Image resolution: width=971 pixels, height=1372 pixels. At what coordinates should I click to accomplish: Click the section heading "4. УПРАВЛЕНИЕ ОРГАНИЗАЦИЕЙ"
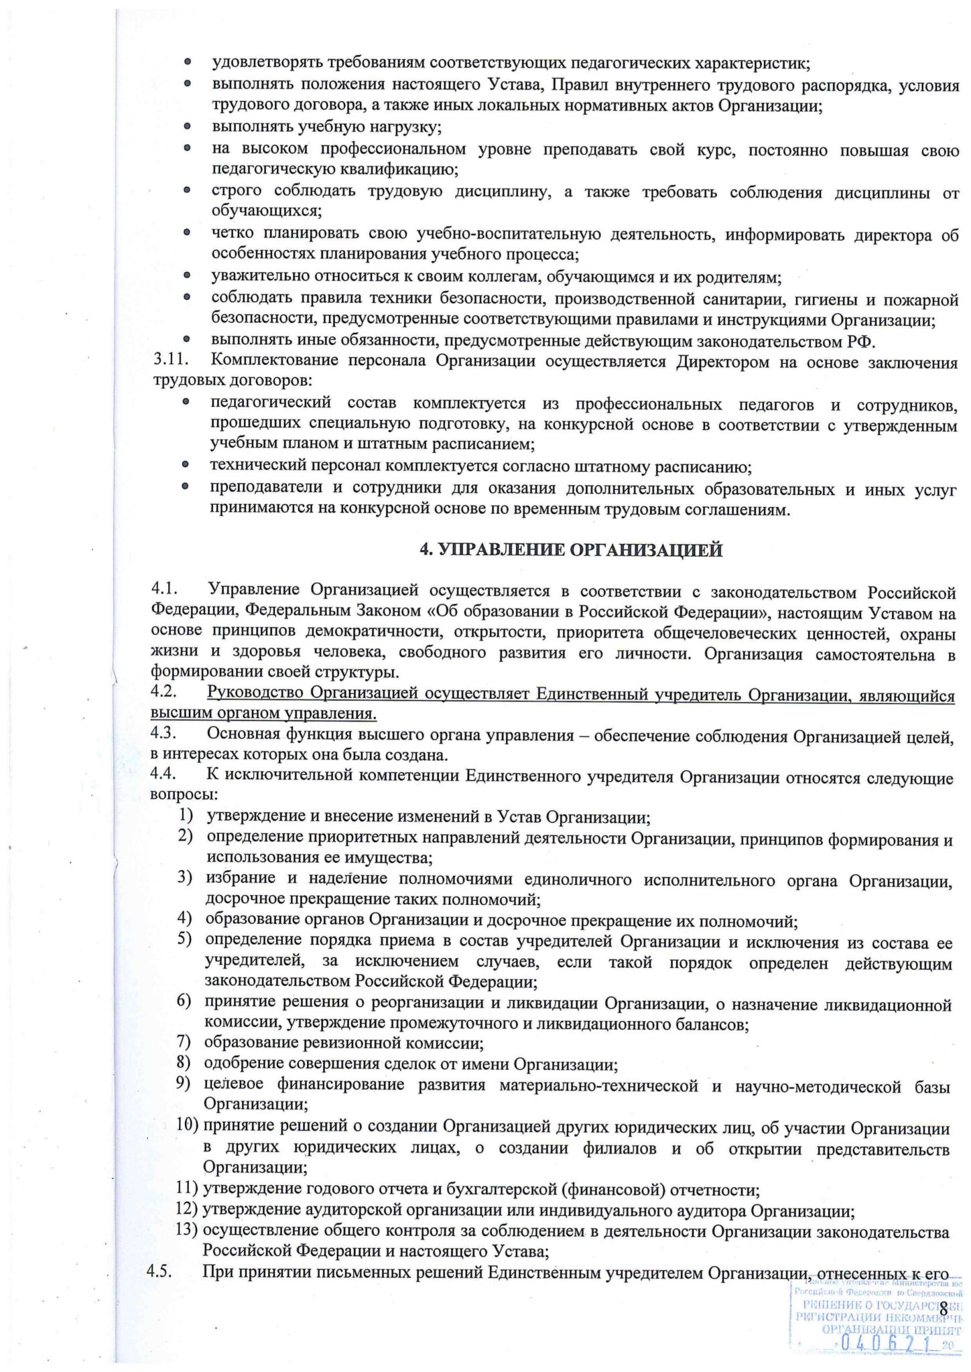[571, 550]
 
